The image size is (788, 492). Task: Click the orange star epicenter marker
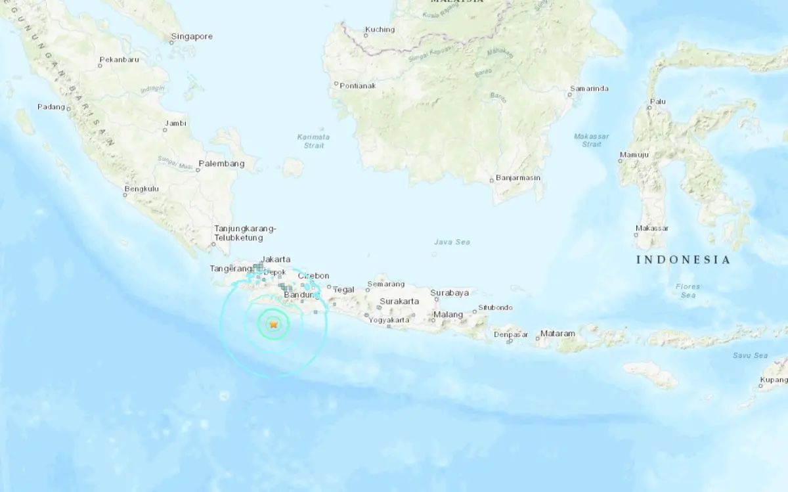pos(273,324)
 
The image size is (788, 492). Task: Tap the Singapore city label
pos(192,37)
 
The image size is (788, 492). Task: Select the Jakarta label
pos(275,259)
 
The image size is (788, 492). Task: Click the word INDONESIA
pos(683,260)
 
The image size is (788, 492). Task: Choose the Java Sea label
pos(452,242)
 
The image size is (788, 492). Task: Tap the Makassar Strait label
pos(591,140)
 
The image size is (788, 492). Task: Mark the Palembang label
pos(221,164)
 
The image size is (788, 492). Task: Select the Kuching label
pos(380,30)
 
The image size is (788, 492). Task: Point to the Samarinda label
pos(589,89)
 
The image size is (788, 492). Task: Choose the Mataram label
pos(558,334)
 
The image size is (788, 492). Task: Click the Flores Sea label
pos(688,291)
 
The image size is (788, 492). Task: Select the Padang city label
pos(51,107)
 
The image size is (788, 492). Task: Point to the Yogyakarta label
pos(389,321)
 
